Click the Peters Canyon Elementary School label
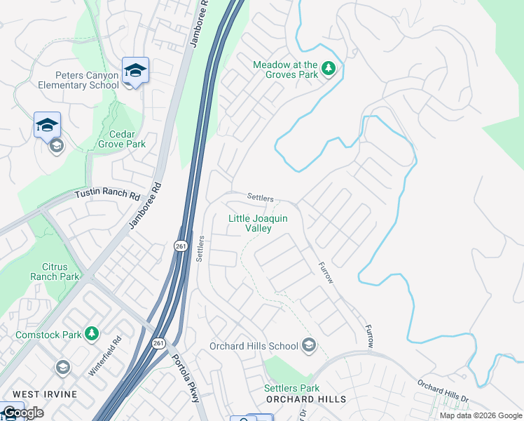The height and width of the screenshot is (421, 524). click(88, 80)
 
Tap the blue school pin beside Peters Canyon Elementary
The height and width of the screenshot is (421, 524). click(135, 70)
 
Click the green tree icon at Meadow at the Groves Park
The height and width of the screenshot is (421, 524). click(329, 69)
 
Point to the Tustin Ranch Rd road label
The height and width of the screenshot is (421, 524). click(107, 194)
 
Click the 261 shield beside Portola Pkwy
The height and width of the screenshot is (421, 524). click(158, 342)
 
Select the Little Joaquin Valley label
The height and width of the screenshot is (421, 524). click(258, 223)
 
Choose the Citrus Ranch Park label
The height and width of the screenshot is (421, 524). click(55, 272)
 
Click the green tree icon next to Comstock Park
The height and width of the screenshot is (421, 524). click(91, 334)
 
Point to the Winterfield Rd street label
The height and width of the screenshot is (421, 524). click(105, 356)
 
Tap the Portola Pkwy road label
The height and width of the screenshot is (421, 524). click(186, 375)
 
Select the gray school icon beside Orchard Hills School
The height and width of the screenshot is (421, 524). click(308, 345)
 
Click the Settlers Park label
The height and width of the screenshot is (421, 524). click(291, 388)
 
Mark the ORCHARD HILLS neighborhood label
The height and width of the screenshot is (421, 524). click(306, 399)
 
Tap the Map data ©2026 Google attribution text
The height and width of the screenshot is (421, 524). click(480, 415)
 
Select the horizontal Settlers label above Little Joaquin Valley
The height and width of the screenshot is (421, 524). click(260, 199)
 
